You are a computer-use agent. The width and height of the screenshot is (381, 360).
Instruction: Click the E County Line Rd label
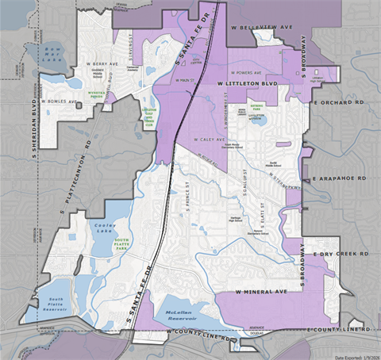[x=338, y=328]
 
